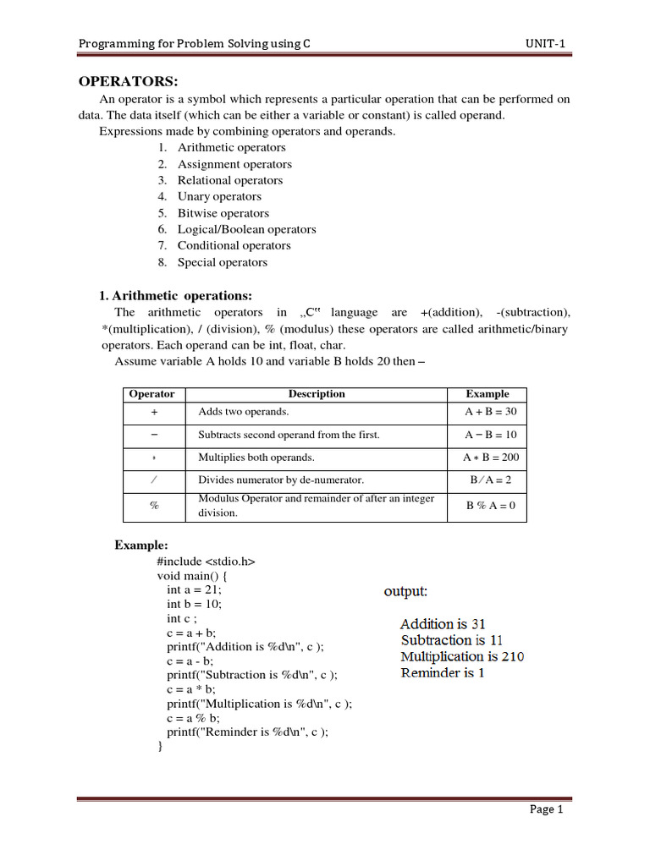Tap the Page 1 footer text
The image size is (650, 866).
[x=546, y=809]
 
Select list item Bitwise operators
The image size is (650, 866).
[x=223, y=213]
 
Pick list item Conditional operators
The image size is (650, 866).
[x=234, y=245]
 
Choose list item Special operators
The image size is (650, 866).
[x=222, y=262]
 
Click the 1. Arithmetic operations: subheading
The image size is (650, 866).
[x=175, y=295]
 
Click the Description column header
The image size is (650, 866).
[x=317, y=393]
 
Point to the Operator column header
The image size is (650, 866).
[x=151, y=393]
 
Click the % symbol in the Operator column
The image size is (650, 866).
[x=154, y=505]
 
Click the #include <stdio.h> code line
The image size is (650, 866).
[x=206, y=562]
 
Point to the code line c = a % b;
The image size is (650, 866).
[x=193, y=718]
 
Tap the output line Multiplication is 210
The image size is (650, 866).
[x=462, y=656]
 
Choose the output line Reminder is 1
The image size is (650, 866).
[x=443, y=673]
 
